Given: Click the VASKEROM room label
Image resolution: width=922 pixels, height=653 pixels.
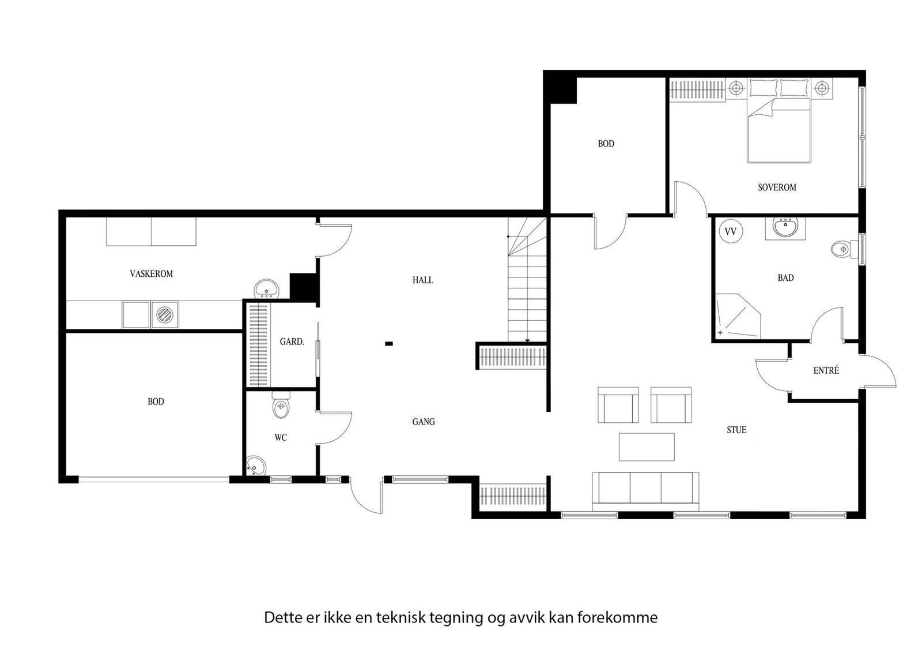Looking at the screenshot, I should tap(151, 274).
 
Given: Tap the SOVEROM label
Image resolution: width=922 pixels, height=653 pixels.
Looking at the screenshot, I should tap(777, 187).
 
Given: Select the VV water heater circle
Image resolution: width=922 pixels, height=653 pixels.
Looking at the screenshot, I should tap(731, 232).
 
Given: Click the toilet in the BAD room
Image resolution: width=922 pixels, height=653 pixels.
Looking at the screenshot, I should tap(842, 249).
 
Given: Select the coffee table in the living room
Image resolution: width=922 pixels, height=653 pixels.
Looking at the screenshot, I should tap(647, 447).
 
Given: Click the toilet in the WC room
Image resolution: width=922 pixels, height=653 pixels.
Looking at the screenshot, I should tap(281, 406).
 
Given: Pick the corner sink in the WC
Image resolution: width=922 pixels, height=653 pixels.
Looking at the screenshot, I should tap(255, 465).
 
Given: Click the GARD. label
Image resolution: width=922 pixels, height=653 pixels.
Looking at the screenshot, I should tap(292, 342).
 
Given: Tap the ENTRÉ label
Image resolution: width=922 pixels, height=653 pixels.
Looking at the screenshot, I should tap(826, 371).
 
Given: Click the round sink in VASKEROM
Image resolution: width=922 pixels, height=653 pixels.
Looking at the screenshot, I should tap(266, 288).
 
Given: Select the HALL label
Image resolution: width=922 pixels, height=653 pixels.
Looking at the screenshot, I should tap(422, 280).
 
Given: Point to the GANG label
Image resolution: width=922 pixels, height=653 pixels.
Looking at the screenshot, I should tap(423, 422).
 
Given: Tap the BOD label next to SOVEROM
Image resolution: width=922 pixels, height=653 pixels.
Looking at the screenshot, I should tap(606, 144).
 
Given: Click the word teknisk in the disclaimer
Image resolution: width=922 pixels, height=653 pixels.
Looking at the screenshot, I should tap(401, 618).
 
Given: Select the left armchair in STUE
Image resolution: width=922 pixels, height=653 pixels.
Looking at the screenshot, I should tap(618, 405).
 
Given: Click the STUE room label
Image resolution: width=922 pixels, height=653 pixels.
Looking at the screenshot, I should tap(736, 430).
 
